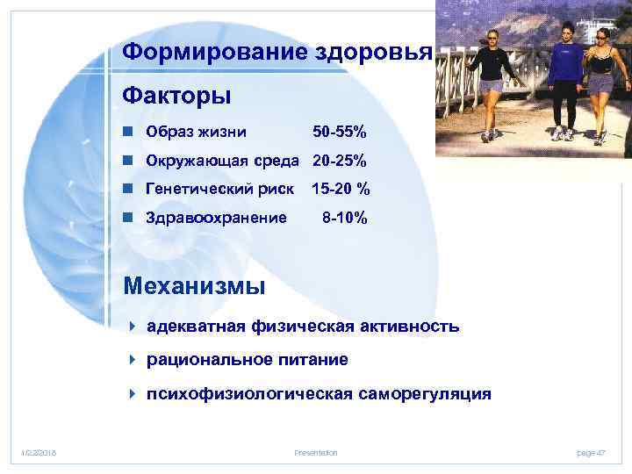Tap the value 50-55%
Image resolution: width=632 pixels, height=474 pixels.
pyautogui.click(x=340, y=133)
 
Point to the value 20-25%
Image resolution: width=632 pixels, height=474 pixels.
pyautogui.click(x=340, y=161)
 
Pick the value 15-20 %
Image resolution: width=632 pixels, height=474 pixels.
pyautogui.click(x=341, y=189)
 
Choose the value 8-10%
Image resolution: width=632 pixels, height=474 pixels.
pyautogui.click(x=345, y=217)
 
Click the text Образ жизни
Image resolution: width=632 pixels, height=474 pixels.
pyautogui.click(x=196, y=133)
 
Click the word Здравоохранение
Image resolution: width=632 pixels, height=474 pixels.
pyautogui.click(x=216, y=217)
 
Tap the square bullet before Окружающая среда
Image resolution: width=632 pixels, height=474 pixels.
pyautogui.click(x=128, y=161)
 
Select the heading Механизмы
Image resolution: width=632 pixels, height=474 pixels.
pyautogui.click(x=194, y=285)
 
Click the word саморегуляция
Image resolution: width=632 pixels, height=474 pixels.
pyautogui.click(x=425, y=394)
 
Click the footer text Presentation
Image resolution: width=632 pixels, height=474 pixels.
pyautogui.click(x=316, y=452)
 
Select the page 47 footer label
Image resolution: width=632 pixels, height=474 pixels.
pyautogui.click(x=591, y=452)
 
